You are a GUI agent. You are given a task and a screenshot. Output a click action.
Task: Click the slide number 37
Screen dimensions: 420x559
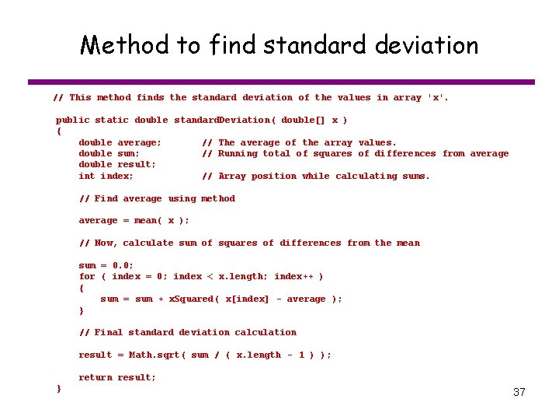[519, 392]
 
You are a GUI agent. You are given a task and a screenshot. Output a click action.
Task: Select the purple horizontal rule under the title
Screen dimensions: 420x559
[281, 82]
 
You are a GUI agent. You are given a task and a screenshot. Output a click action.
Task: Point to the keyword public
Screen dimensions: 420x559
[72, 120]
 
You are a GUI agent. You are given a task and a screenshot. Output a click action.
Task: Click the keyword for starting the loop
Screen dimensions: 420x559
[87, 276]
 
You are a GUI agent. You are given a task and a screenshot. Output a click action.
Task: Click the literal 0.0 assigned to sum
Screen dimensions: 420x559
[123, 265]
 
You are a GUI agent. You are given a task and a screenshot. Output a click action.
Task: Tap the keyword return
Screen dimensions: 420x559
[95, 377]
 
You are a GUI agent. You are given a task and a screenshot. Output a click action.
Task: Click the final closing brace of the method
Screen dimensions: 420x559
[58, 388]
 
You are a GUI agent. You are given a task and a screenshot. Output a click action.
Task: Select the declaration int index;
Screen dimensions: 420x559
[106, 176]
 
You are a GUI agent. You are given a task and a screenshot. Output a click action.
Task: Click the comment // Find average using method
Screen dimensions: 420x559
[157, 198]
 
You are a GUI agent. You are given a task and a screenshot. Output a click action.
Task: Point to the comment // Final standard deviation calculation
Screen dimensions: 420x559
[188, 332]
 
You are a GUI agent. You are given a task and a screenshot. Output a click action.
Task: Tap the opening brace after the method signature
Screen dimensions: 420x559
[58, 131]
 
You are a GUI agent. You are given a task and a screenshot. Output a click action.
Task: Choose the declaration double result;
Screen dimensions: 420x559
[117, 164]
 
